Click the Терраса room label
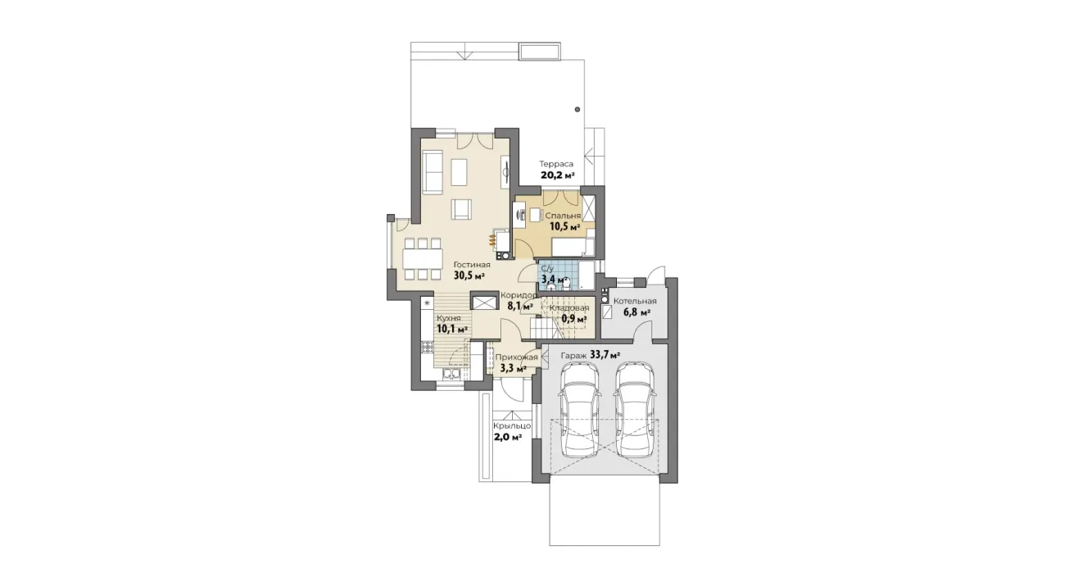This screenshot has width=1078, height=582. point(556,164)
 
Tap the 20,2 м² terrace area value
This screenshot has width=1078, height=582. point(557,175)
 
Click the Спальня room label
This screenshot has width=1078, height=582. point(563,216)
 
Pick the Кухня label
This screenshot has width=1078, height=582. point(111,318)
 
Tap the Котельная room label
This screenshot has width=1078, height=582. point(635,302)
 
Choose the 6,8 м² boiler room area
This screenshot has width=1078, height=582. point(636,312)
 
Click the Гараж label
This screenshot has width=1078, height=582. point(573,356)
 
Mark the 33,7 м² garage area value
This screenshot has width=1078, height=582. point(605,355)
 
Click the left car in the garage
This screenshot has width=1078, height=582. point(580,411)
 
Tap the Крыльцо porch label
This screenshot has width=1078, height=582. point(512,426)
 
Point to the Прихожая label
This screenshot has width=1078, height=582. point(516,357)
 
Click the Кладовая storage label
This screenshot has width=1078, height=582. point(569,308)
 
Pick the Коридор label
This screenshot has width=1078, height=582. point(519,295)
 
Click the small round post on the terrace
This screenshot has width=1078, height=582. point(577,109)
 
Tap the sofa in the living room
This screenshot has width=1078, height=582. point(95,172)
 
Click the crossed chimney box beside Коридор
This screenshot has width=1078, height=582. point(484,302)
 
